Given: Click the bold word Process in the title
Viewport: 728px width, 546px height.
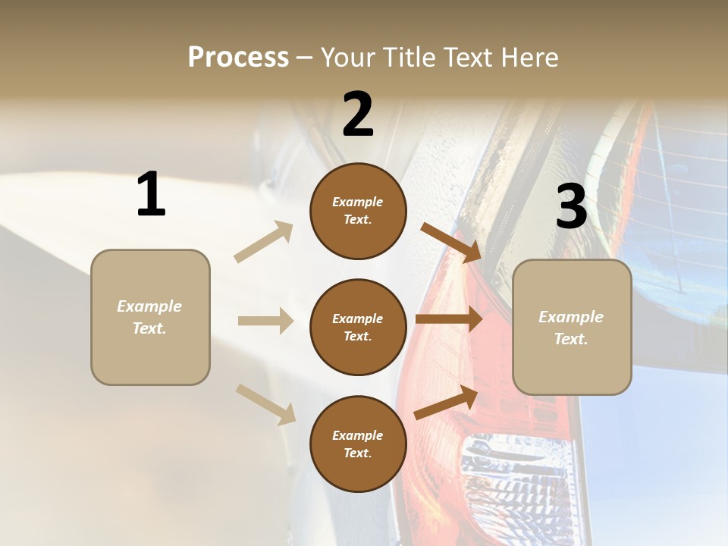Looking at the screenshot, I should [x=238, y=58].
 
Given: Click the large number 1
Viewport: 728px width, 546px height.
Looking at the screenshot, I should [x=151, y=195].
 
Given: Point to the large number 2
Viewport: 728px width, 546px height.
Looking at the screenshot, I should [x=358, y=115].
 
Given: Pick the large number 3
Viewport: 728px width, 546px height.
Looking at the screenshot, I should [x=572, y=207].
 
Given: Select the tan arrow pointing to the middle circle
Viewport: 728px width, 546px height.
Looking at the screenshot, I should [x=265, y=321].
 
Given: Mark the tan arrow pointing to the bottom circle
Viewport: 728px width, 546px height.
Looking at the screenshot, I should [x=265, y=403].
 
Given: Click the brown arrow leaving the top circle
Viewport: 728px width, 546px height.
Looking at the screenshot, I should [x=451, y=241].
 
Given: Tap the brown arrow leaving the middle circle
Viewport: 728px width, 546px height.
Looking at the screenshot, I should [x=449, y=318].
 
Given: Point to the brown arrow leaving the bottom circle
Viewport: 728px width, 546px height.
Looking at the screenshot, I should [x=447, y=403].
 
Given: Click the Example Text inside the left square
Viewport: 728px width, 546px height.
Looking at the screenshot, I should [x=149, y=317].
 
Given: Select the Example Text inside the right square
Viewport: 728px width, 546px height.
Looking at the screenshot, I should [x=571, y=328].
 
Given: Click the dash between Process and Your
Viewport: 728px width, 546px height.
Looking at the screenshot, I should [x=304, y=58].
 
